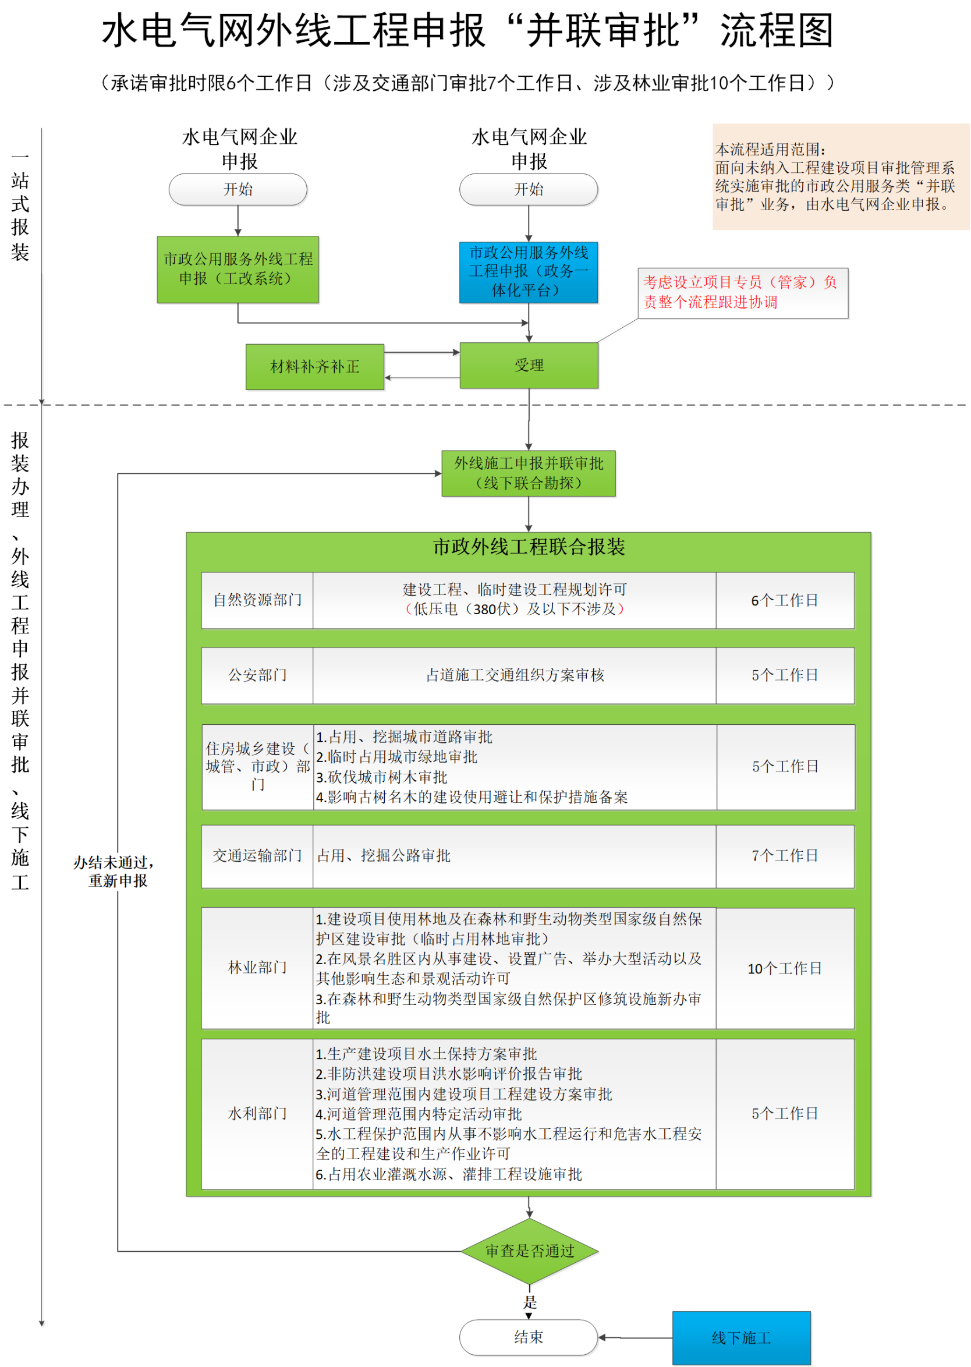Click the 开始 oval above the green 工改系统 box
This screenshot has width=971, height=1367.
point(238,190)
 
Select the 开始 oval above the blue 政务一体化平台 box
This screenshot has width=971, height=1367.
point(529,190)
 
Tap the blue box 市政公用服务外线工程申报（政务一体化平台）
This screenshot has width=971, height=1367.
point(529,272)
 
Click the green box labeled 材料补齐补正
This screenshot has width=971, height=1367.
point(314,367)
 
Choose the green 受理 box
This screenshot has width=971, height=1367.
point(529,366)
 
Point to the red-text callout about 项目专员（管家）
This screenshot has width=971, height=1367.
point(742,292)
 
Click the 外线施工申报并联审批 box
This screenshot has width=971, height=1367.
point(529,473)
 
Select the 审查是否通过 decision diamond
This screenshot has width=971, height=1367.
point(529,1251)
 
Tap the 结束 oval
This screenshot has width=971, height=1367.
point(529,1337)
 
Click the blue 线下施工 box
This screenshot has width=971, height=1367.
point(742,1338)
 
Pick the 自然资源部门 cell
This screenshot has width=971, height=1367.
point(257,600)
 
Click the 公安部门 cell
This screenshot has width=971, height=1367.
point(257,675)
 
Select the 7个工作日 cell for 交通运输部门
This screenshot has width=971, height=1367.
point(785,856)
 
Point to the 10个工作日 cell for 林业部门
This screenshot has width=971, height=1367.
point(785,968)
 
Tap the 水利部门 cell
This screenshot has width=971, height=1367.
point(257,1114)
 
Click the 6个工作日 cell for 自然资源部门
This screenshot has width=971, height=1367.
point(785,600)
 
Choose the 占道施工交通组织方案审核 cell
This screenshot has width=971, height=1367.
point(514,675)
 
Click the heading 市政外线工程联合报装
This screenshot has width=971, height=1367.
point(529,547)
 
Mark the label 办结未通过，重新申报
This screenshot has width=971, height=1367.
point(115,872)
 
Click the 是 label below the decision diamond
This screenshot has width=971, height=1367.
point(530,1302)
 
